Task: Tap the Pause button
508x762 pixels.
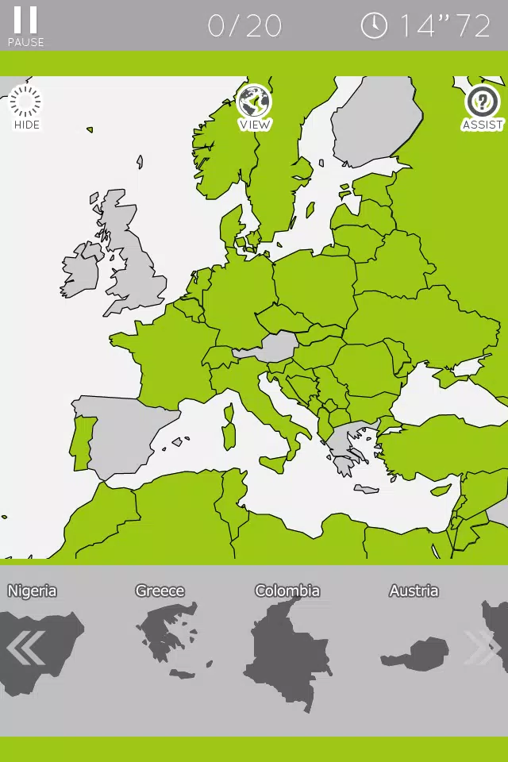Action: pyautogui.click(x=25, y=25)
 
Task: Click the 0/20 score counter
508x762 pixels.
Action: pyautogui.click(x=244, y=26)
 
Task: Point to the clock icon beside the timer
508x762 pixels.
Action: pyautogui.click(x=374, y=25)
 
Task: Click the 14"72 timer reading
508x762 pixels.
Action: pyautogui.click(x=444, y=26)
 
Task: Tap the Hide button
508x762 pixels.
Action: pyautogui.click(x=26, y=108)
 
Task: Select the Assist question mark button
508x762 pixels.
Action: pyautogui.click(x=482, y=108)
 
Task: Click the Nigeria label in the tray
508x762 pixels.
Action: pyautogui.click(x=32, y=591)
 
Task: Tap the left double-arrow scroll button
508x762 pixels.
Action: pyautogui.click(x=25, y=648)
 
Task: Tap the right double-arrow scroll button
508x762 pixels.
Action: pyautogui.click(x=481, y=648)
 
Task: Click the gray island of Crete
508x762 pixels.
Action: pyautogui.click(x=367, y=489)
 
